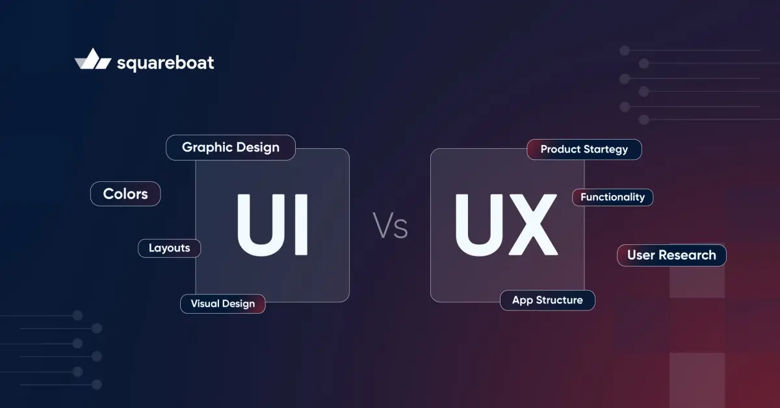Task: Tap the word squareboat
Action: coord(165,63)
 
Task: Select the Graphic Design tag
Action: coord(231,147)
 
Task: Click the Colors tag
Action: coord(125,194)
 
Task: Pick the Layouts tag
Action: coord(169,248)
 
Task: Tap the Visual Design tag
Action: coord(223,304)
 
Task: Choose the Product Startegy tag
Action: coord(584,149)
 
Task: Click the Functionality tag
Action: coord(612,198)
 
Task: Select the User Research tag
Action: coord(671,255)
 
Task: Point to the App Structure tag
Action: coord(547,300)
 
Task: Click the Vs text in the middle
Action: coord(390,225)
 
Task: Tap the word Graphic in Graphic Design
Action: coord(204,148)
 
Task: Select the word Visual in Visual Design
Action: coord(204,303)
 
